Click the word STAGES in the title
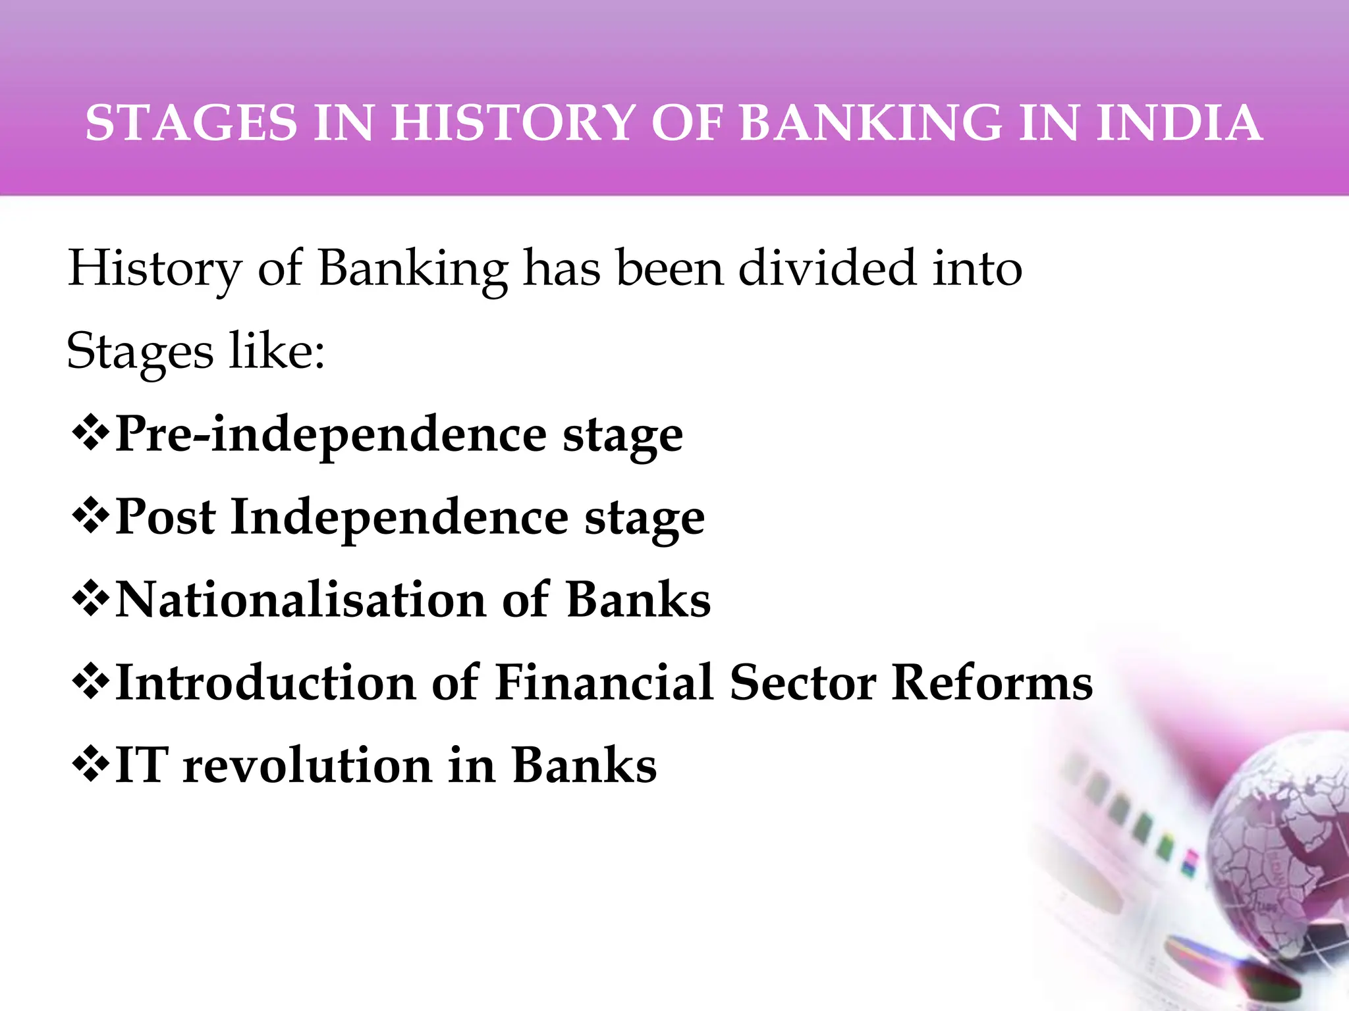tap(192, 123)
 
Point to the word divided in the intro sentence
tap(827, 269)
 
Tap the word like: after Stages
tap(277, 351)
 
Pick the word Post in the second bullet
tap(165, 517)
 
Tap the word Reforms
tap(992, 683)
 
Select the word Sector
tap(802, 683)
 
